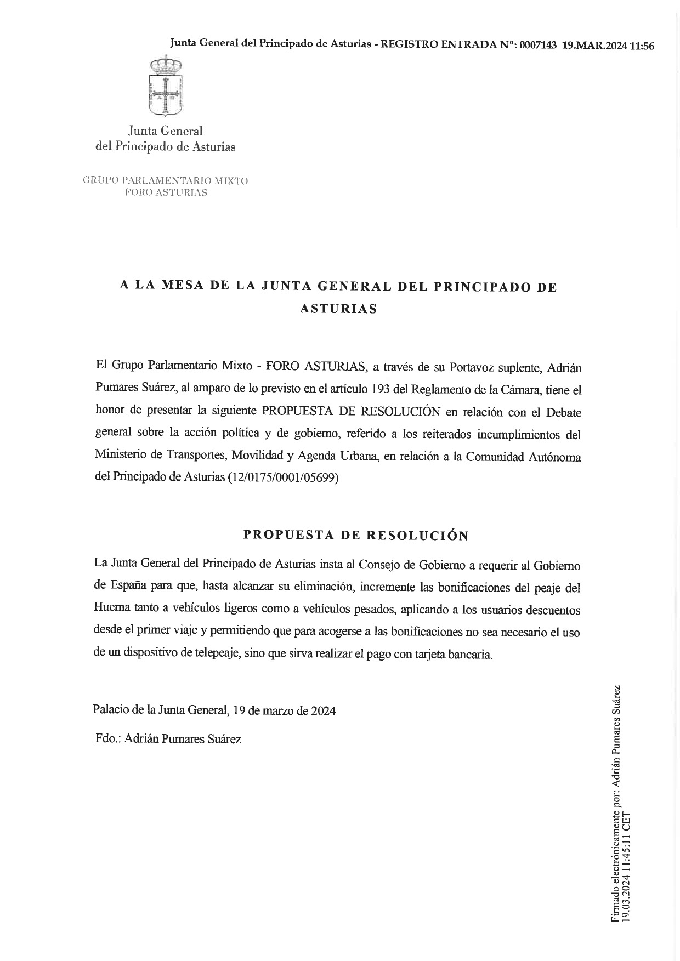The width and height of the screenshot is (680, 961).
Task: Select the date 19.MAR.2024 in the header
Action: click(594, 46)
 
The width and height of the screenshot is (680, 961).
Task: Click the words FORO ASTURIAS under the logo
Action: click(166, 192)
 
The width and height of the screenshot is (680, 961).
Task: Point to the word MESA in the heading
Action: click(190, 286)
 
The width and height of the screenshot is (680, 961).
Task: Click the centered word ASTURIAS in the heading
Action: click(338, 309)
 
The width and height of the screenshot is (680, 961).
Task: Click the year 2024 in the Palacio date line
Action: click(323, 711)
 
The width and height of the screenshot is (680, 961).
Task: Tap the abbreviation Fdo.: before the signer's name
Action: click(107, 739)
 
